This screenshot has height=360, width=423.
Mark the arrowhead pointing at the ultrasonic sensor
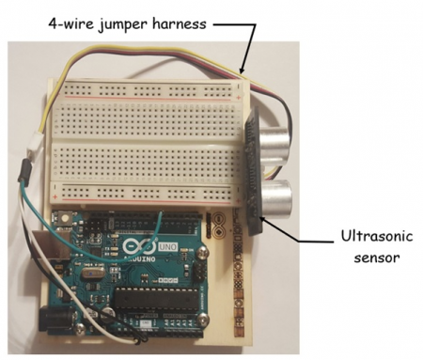261,219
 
